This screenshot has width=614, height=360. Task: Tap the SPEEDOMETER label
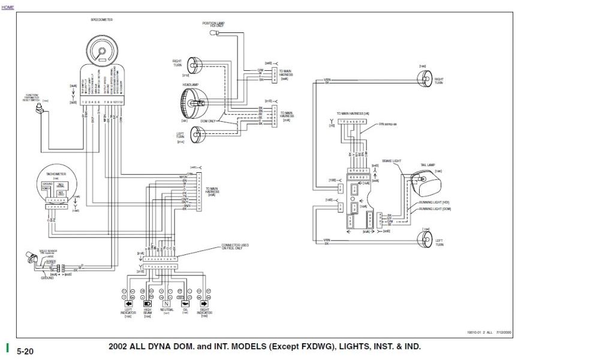pyautogui.click(x=101, y=19)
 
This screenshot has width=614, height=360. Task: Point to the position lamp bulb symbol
pyautogui.click(x=214, y=35)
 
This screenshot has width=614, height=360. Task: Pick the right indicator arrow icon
pyautogui.click(x=204, y=304)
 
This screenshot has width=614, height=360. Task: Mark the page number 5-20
pyautogui.click(x=25, y=350)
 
